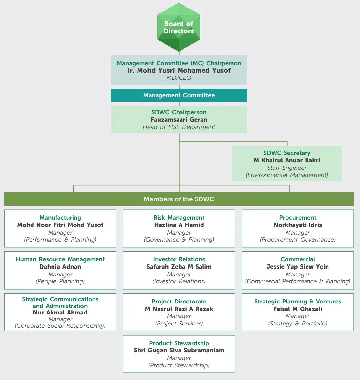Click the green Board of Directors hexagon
(179, 27)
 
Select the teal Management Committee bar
(179, 95)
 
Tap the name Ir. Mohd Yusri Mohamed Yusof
(179, 70)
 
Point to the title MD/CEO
(179, 78)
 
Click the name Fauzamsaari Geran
(179, 120)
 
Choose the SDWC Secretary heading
(287, 153)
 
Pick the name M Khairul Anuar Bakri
(287, 160)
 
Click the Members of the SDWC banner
(179, 199)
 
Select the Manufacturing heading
(60, 218)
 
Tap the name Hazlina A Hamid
(179, 225)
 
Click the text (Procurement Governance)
(298, 240)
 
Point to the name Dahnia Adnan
(60, 267)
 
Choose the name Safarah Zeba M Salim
(179, 267)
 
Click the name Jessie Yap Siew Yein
(298, 267)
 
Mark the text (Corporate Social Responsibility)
(60, 326)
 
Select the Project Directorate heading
(179, 302)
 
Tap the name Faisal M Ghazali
(298, 309)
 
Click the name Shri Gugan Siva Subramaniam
(179, 350)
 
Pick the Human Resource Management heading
(60, 259)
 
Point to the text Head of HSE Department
(179, 127)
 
